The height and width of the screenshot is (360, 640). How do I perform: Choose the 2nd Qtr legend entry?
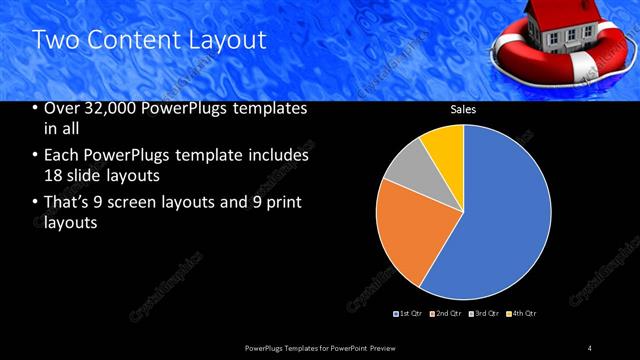tap(447, 314)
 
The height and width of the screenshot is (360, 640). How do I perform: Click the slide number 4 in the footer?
tap(590, 347)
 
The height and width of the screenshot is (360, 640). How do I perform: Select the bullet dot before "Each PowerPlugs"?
tap(37, 156)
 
